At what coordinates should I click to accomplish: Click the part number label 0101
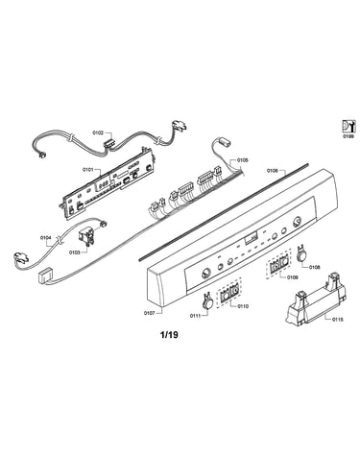[87, 170]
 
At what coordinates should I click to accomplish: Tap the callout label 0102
[98, 132]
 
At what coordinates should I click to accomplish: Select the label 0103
[75, 252]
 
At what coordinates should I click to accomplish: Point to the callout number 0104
[45, 238]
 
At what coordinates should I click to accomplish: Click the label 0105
[242, 160]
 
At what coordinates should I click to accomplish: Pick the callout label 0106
[273, 171]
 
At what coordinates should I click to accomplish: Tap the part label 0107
[150, 313]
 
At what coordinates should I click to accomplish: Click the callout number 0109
[292, 277]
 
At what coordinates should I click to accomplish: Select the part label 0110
[243, 306]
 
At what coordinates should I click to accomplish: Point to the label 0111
[196, 316]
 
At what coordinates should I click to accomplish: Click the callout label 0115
[338, 319]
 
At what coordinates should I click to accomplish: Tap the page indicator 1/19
[169, 335]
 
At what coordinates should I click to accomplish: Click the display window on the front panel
[251, 239]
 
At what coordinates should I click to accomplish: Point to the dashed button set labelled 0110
[229, 293]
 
